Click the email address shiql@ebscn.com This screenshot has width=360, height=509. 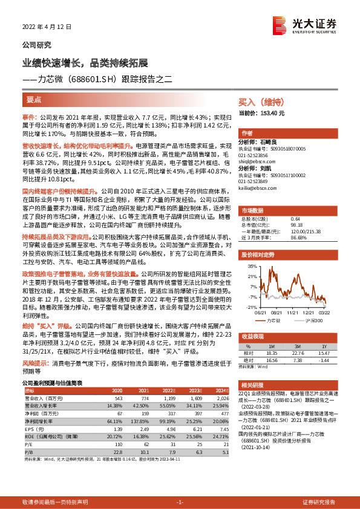[x=257, y=161]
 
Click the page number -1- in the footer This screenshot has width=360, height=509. [x=180, y=502]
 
